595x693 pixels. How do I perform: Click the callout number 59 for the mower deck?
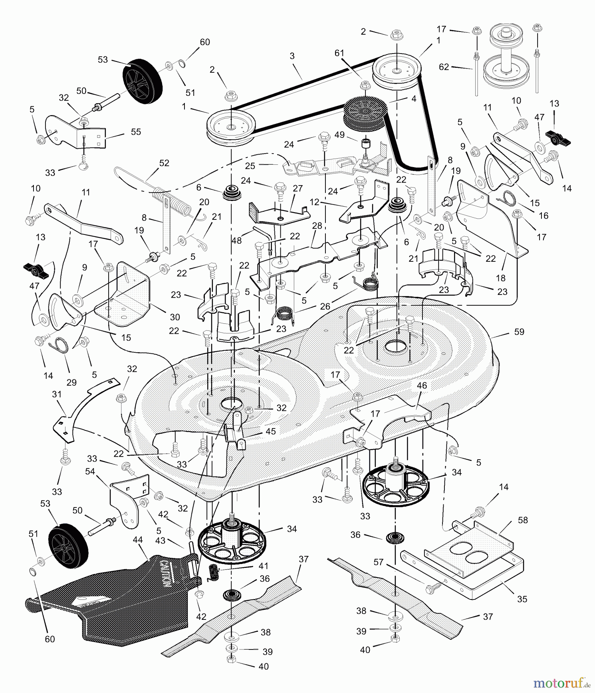(x=519, y=331)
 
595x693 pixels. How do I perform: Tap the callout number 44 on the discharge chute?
(x=137, y=540)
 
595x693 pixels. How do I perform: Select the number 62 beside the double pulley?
(x=444, y=67)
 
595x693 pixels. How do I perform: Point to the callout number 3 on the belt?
(x=292, y=56)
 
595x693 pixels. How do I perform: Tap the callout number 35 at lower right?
(x=522, y=599)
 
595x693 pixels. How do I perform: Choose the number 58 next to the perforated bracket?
(x=523, y=520)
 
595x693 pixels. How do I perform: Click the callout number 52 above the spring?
(x=164, y=163)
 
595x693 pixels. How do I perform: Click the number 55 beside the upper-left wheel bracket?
(x=136, y=132)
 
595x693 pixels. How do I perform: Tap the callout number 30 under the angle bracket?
(x=175, y=317)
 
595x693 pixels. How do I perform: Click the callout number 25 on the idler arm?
(x=250, y=166)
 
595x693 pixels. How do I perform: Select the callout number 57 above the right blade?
(x=379, y=562)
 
